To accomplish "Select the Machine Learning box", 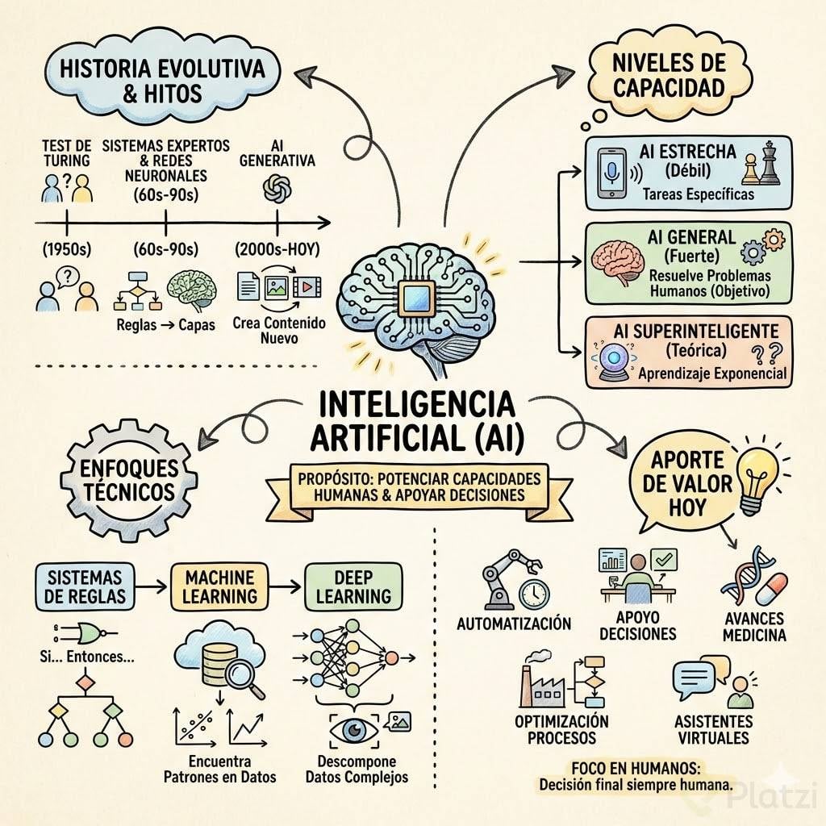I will point(219,586).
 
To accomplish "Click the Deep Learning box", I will point(353,586).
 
